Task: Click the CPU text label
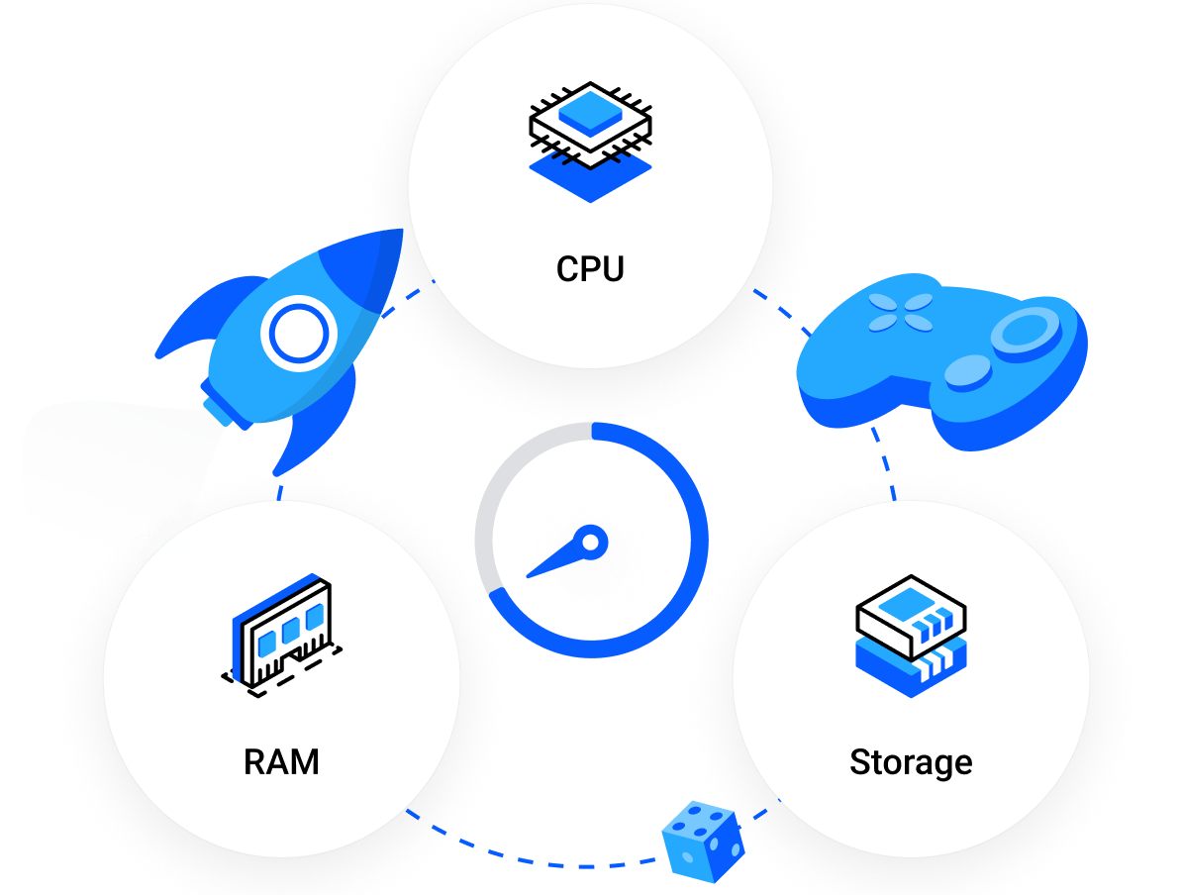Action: coord(590,269)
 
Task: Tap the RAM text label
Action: coord(281,763)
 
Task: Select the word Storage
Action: coord(911,763)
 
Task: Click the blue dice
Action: coord(704,842)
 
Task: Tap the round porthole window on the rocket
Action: coord(295,335)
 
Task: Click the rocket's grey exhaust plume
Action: coord(99,465)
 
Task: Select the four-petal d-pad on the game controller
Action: coord(900,311)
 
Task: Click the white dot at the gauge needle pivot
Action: coord(590,543)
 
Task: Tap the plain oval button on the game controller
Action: coord(966,371)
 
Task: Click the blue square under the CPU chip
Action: coord(590,178)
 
